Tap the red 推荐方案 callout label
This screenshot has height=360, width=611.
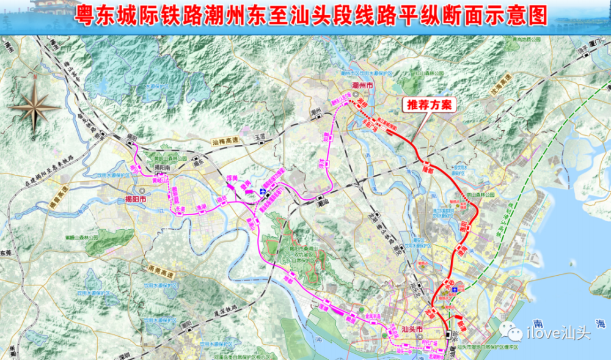[x=429, y=105]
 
